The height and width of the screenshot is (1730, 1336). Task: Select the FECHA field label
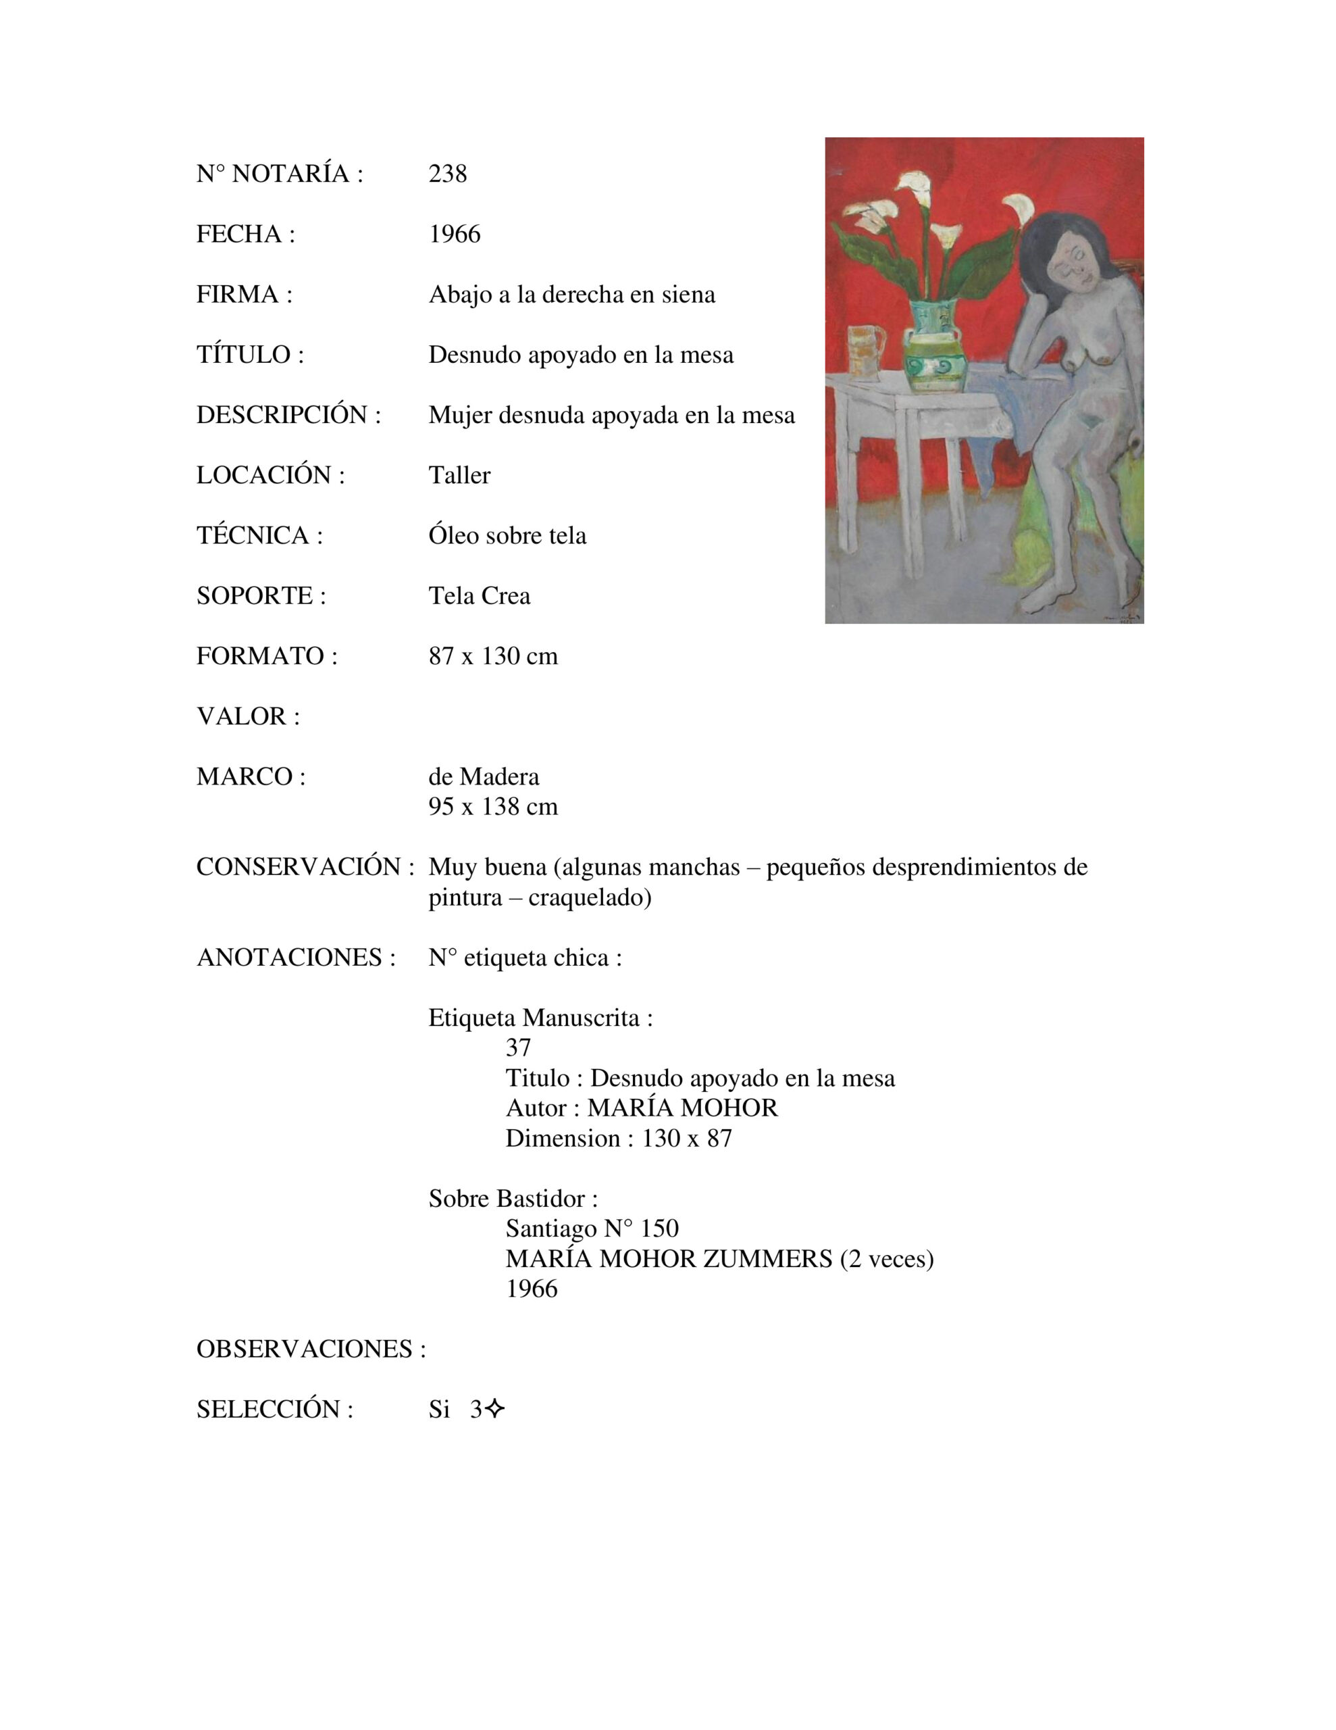245,234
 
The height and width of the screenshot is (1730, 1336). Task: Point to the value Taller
459,474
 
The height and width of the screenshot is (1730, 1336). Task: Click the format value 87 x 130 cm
492,656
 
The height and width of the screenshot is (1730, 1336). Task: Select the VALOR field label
248,716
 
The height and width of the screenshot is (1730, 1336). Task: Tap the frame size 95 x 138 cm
492,806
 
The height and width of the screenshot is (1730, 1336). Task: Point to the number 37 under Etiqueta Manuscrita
518,1047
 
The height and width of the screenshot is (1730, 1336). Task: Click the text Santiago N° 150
592,1229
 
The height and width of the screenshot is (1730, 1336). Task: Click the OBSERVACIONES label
311,1349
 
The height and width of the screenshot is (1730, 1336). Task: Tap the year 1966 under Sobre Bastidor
532,1289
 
